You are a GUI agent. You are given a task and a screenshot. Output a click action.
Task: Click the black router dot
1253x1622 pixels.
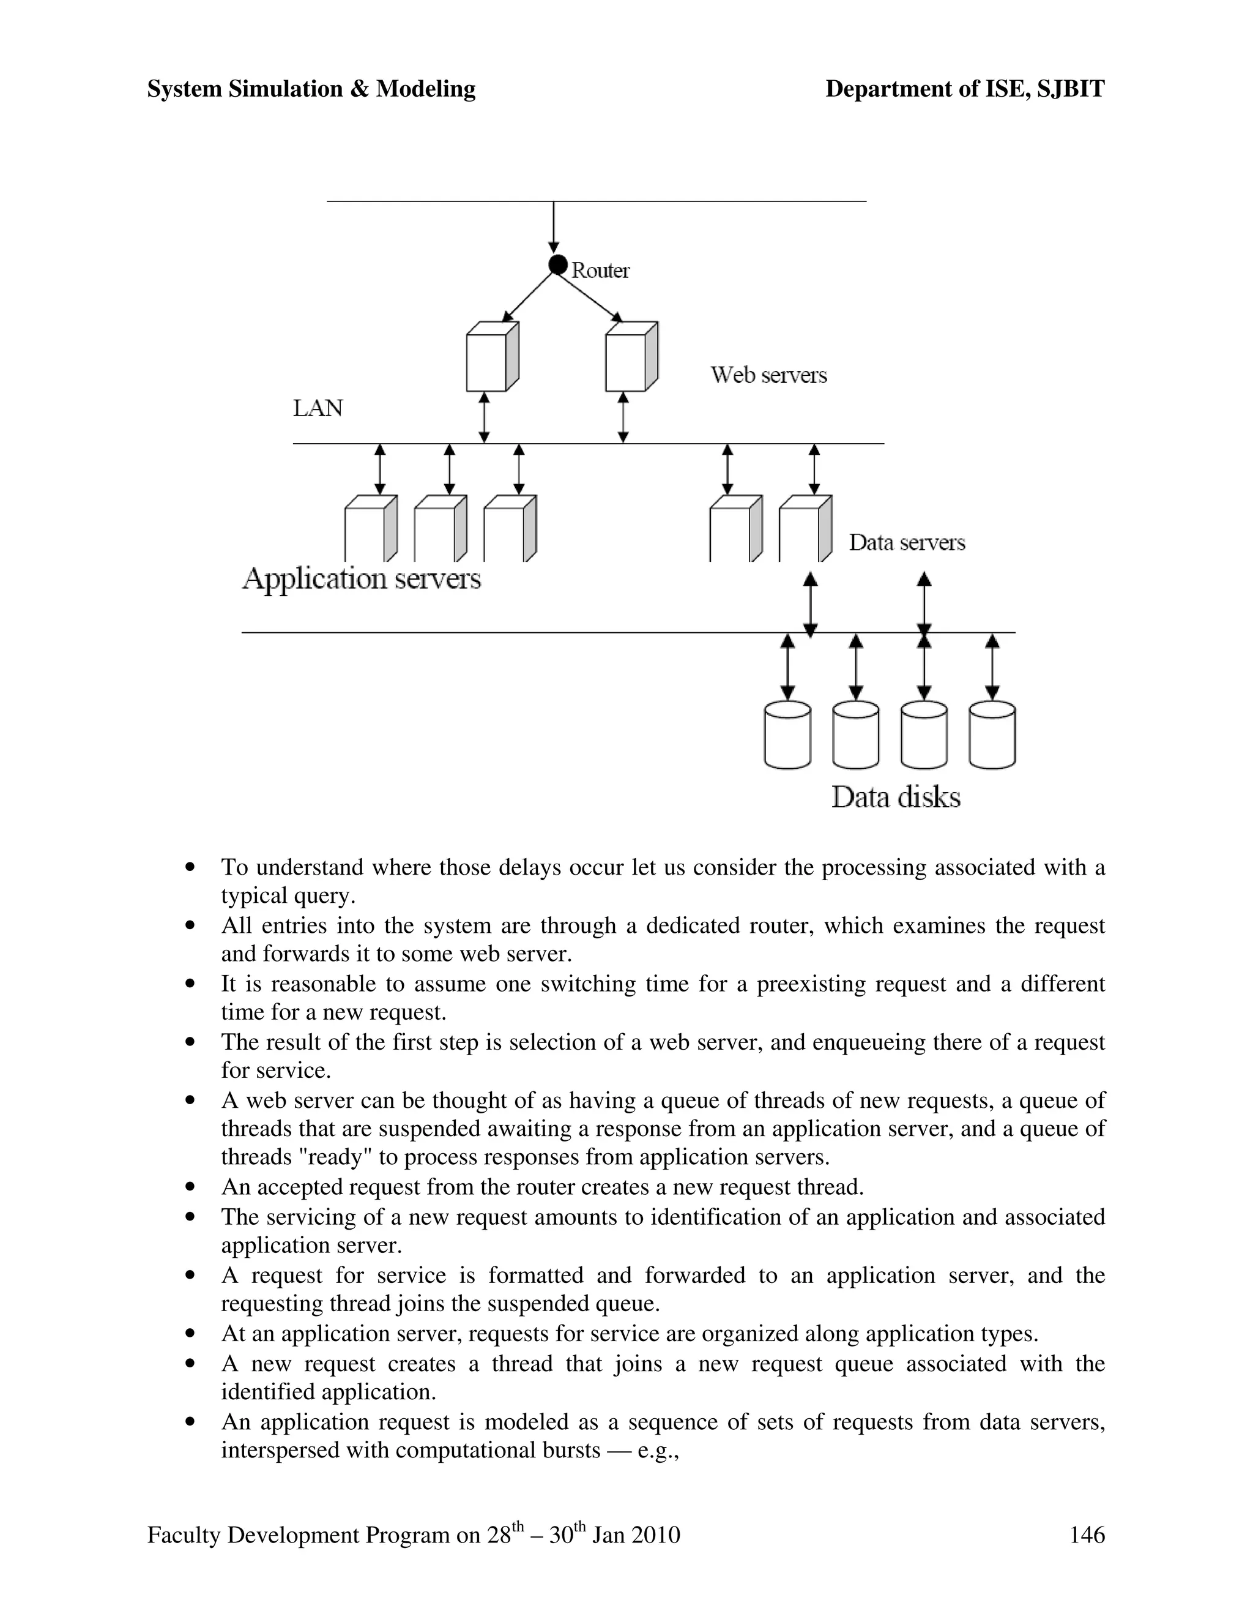557,264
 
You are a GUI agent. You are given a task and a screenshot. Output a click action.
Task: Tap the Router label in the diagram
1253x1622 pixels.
600,271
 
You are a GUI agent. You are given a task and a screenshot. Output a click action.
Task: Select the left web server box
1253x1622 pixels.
491,357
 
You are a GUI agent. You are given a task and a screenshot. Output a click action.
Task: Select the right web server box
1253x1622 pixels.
630,357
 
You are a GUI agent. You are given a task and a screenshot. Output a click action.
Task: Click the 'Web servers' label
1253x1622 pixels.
768,375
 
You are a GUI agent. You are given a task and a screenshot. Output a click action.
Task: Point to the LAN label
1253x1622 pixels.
318,408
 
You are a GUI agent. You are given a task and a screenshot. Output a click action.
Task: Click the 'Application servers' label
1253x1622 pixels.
362,578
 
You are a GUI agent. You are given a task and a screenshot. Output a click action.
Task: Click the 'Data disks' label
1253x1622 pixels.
895,798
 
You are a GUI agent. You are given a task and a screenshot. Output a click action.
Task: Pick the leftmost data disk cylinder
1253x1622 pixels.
787,735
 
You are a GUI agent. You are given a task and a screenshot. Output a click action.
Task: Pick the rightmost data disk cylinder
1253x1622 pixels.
992,735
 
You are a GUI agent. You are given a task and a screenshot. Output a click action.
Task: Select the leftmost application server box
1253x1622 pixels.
370,529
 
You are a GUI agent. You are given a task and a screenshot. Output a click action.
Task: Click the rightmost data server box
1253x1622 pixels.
804,529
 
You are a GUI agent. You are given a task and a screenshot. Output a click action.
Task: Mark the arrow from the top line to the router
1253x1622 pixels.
554,226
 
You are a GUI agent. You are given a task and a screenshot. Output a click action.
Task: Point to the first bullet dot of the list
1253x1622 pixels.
191,867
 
